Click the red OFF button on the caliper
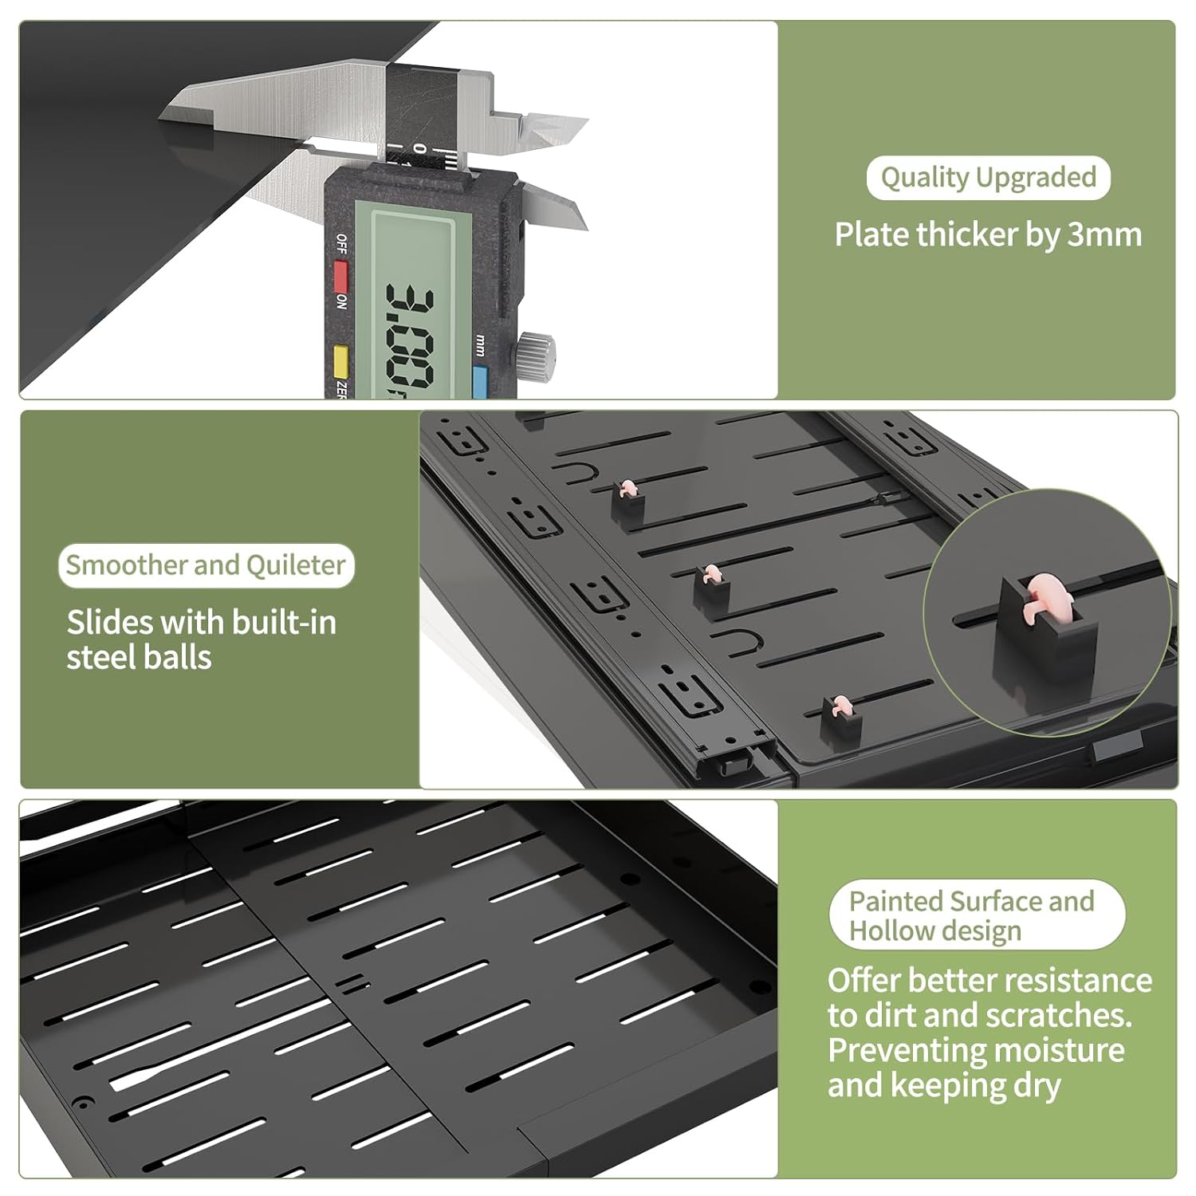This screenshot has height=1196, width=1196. click(x=341, y=276)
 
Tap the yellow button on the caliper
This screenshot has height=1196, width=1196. click(x=340, y=361)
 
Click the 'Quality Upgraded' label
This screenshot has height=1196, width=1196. click(x=988, y=177)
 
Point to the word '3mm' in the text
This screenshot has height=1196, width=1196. click(x=1104, y=234)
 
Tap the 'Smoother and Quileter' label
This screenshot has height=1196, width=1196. click(x=206, y=565)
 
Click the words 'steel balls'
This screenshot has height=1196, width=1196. click(x=139, y=657)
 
